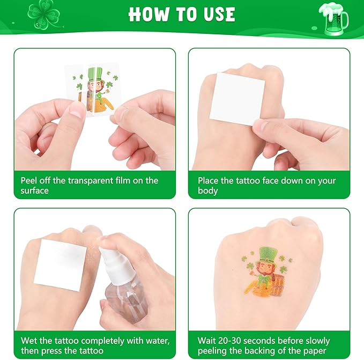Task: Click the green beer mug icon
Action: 333,19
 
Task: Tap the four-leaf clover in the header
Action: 43,14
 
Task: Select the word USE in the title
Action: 219,14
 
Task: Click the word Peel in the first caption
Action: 28,181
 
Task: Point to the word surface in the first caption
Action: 35,190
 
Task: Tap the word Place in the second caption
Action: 208,181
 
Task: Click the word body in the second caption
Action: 208,191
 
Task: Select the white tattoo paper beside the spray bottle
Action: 61,265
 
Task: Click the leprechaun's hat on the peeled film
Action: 95,75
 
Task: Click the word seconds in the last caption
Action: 259,341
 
